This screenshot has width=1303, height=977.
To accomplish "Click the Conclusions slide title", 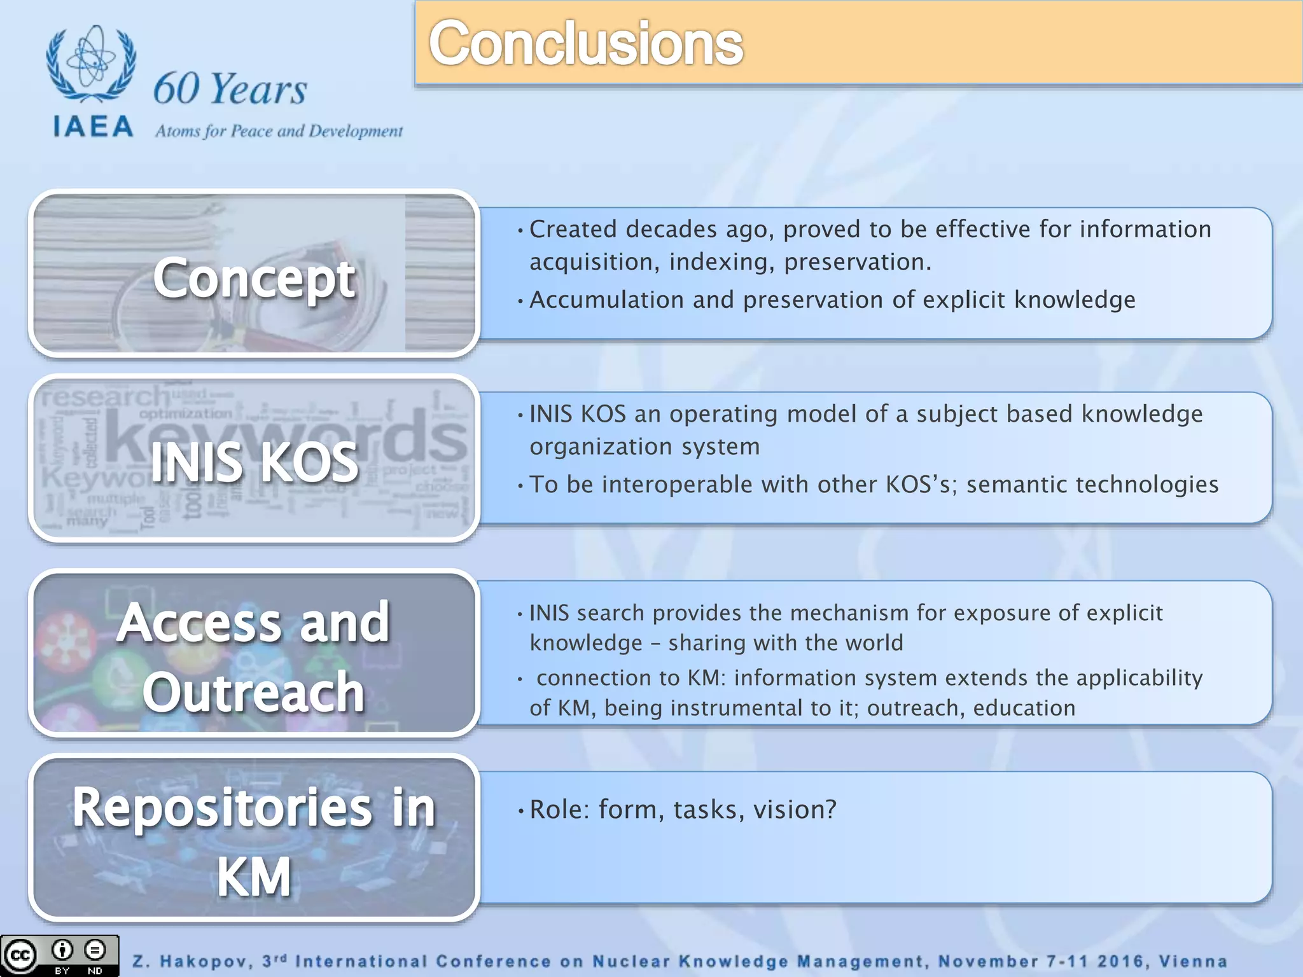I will [585, 43].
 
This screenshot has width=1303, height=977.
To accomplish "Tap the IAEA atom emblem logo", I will [91, 64].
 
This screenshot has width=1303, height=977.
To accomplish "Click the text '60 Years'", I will [230, 88].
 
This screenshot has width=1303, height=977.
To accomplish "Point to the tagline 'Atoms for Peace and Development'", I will [279, 131].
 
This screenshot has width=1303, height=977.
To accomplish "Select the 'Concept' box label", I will [254, 278].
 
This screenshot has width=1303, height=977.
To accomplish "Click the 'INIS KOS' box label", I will [254, 462].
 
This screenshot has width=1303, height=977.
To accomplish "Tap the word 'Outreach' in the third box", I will [253, 692].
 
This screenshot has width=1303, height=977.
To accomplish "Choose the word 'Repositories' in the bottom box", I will [222, 808].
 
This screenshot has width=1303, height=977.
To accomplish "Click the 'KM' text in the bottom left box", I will [254, 877].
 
